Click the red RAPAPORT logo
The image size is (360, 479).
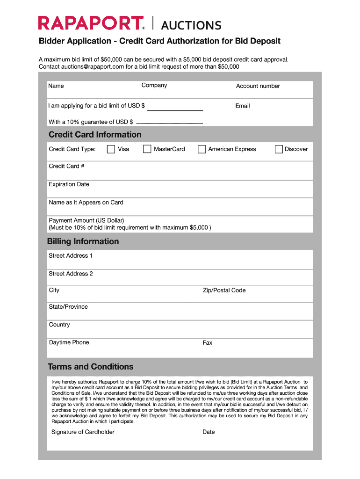(91, 23)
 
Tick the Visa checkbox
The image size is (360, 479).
(111, 149)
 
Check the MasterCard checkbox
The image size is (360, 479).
(147, 149)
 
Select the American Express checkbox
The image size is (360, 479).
(202, 149)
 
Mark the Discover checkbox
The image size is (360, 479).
(279, 149)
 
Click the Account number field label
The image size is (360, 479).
(258, 86)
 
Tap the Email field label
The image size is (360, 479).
(243, 106)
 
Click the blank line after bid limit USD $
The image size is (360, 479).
(175, 109)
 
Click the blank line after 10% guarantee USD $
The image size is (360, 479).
(169, 123)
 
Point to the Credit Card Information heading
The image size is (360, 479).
(95, 135)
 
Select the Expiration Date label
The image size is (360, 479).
(69, 184)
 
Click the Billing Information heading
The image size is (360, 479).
(83, 241)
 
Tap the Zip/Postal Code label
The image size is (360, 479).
(224, 290)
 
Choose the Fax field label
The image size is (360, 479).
(208, 343)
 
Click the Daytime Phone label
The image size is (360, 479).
(69, 342)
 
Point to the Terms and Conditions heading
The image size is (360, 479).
(91, 367)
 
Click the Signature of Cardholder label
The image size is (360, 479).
(83, 432)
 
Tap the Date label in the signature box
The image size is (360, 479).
(209, 432)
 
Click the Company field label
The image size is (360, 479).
(154, 85)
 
